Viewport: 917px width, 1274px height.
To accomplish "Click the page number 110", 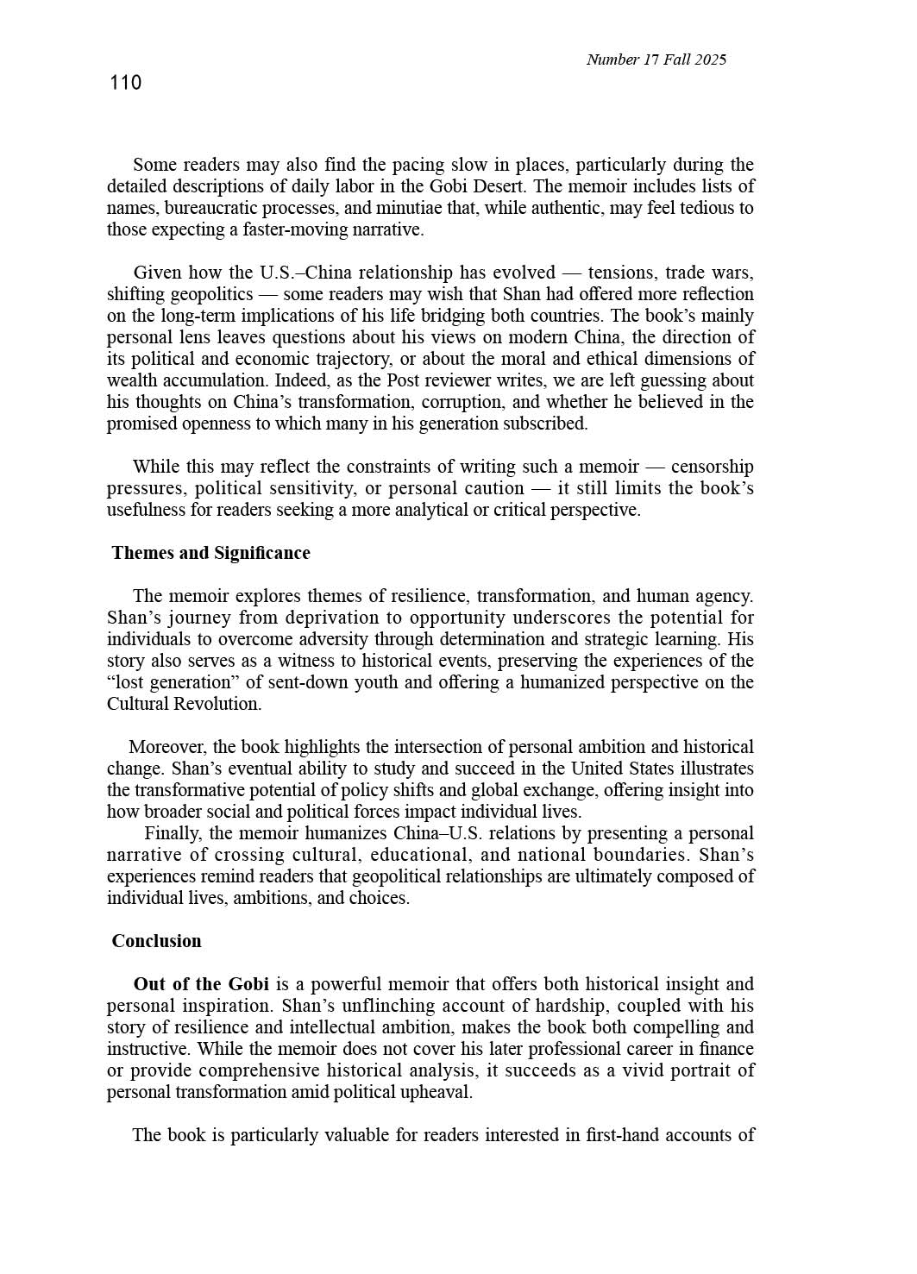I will coord(125,83).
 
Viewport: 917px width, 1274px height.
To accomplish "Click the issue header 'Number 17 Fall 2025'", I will coord(656,60).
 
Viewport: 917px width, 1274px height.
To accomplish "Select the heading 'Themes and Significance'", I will coord(211,553).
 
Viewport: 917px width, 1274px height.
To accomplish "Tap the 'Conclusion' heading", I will coord(157,941).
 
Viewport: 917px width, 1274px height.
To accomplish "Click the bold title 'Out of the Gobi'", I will coord(201,984).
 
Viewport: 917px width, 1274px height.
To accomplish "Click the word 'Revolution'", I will coord(216,704).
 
